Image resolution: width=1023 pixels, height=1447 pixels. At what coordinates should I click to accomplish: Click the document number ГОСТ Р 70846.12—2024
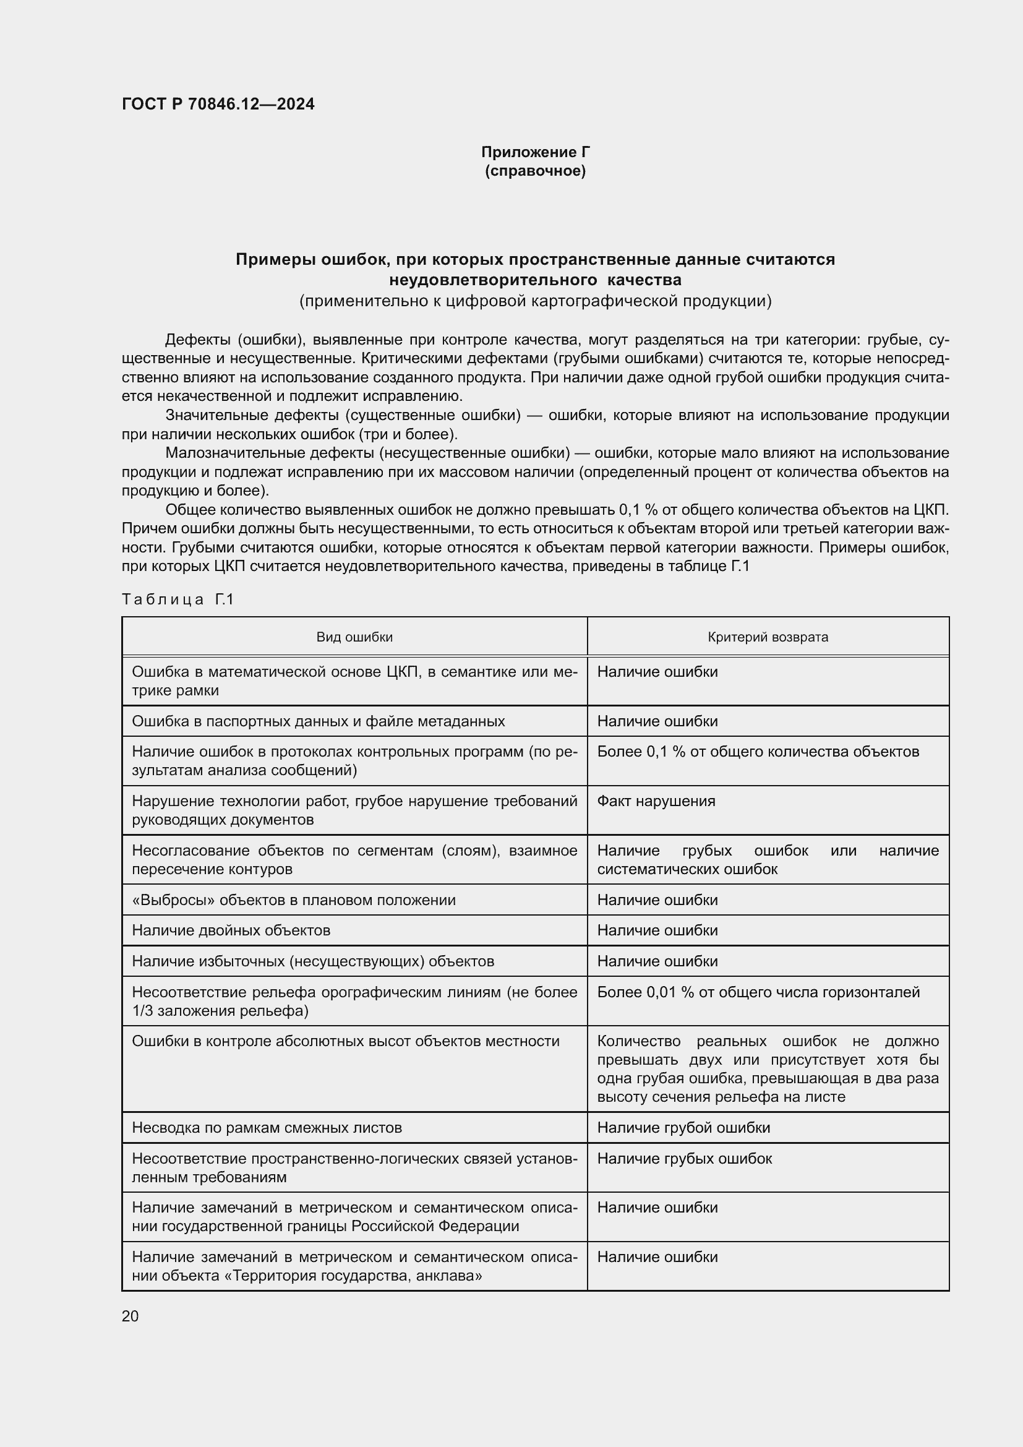pyautogui.click(x=218, y=105)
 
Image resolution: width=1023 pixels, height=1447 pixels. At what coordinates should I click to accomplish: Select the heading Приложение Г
pyautogui.click(x=536, y=152)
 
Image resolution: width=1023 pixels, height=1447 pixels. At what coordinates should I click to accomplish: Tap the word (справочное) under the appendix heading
pyautogui.click(x=536, y=171)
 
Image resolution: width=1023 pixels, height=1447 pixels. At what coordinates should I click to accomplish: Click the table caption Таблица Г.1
pyautogui.click(x=178, y=599)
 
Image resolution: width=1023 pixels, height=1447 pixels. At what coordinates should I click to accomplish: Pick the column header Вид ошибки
pyautogui.click(x=354, y=637)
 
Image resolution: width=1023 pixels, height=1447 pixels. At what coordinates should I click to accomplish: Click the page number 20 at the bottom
pyautogui.click(x=131, y=1316)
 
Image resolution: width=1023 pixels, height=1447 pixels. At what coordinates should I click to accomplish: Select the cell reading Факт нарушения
pyautogui.click(x=656, y=801)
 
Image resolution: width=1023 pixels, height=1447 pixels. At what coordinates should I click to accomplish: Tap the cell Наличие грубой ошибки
pyautogui.click(x=683, y=1128)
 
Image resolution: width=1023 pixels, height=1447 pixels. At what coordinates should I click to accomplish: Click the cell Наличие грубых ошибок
pyautogui.click(x=684, y=1158)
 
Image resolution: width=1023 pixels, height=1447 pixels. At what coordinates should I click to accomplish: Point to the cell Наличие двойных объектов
pyautogui.click(x=231, y=930)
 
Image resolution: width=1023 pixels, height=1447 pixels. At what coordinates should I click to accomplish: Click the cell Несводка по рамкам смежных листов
pyautogui.click(x=267, y=1128)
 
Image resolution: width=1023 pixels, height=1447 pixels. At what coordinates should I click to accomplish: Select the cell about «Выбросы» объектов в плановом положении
pyautogui.click(x=294, y=900)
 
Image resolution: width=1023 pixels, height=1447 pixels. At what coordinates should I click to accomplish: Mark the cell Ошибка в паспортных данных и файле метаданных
pyautogui.click(x=318, y=721)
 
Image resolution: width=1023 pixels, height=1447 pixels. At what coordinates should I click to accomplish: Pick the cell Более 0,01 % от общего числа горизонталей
pyautogui.click(x=758, y=992)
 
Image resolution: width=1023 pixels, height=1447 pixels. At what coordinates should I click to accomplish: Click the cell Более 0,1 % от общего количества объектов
pyautogui.click(x=758, y=752)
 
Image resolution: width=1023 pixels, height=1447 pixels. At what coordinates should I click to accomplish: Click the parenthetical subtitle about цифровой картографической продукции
pyautogui.click(x=535, y=301)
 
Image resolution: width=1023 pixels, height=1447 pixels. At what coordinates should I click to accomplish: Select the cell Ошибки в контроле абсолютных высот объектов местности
pyautogui.click(x=345, y=1041)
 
